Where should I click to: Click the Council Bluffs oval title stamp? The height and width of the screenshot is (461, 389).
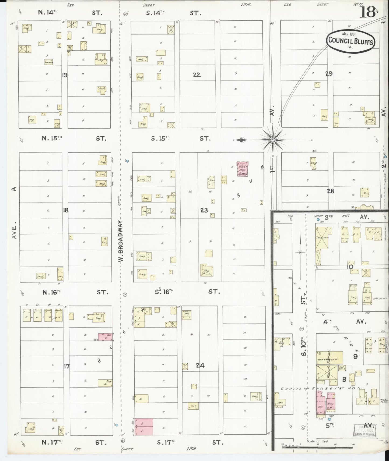point(351,40)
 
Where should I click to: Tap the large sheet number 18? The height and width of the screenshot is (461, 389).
point(367,12)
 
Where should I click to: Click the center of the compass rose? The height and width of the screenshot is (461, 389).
point(273,140)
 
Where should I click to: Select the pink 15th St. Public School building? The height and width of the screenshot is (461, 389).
point(242,169)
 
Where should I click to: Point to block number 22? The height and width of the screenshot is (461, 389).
point(197,75)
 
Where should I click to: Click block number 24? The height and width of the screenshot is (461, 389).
point(200,366)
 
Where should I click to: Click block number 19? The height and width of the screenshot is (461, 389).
point(65,75)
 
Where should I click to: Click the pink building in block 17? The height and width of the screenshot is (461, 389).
point(105,337)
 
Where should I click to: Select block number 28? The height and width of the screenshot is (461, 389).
point(330,191)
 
